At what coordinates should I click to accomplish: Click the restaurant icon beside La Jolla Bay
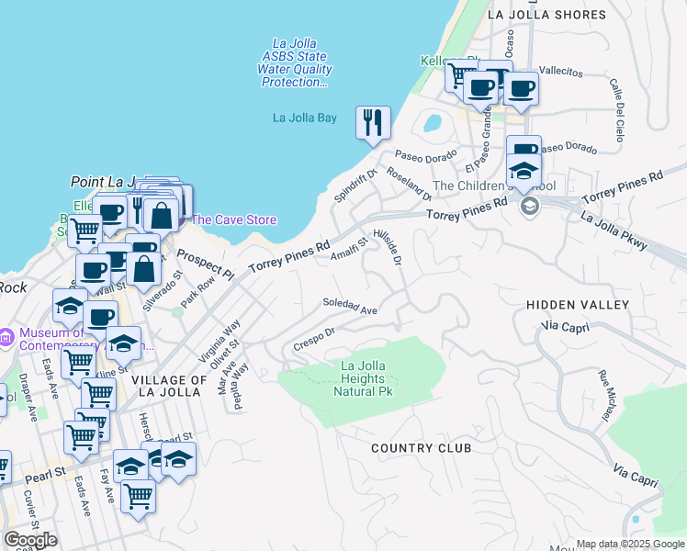click(373, 122)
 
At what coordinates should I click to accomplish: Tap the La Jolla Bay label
click(305, 118)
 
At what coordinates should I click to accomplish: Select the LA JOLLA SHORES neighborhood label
click(547, 15)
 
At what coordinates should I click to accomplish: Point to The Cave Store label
click(233, 219)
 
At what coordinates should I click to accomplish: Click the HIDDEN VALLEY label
click(578, 305)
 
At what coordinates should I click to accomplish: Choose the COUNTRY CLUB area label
click(422, 448)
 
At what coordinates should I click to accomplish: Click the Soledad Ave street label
click(350, 308)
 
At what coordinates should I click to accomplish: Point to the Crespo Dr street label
click(313, 339)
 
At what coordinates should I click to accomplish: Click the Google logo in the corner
click(31, 540)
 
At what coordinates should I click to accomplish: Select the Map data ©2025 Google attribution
click(629, 544)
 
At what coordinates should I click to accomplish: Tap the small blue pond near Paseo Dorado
click(432, 122)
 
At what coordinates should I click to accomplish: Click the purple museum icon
click(6, 338)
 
